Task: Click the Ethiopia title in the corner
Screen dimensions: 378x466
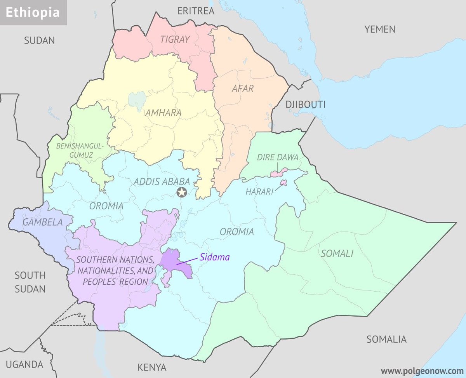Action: pos(33,12)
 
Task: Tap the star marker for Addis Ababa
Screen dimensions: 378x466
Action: pos(181,192)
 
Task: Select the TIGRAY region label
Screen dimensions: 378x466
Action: pos(175,39)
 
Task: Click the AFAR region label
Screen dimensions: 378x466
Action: pos(243,88)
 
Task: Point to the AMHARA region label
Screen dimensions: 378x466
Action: pos(163,113)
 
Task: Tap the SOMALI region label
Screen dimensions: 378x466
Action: pos(337,254)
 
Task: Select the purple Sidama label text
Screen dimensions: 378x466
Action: pos(215,257)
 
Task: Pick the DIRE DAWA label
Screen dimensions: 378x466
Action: pos(277,157)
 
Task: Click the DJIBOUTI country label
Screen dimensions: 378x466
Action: pos(305,105)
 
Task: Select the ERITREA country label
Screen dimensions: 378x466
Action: pos(196,11)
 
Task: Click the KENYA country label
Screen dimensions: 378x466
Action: pos(152,367)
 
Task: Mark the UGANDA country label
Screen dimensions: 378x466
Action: pos(24,364)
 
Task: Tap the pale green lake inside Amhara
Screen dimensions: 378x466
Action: pos(136,100)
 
